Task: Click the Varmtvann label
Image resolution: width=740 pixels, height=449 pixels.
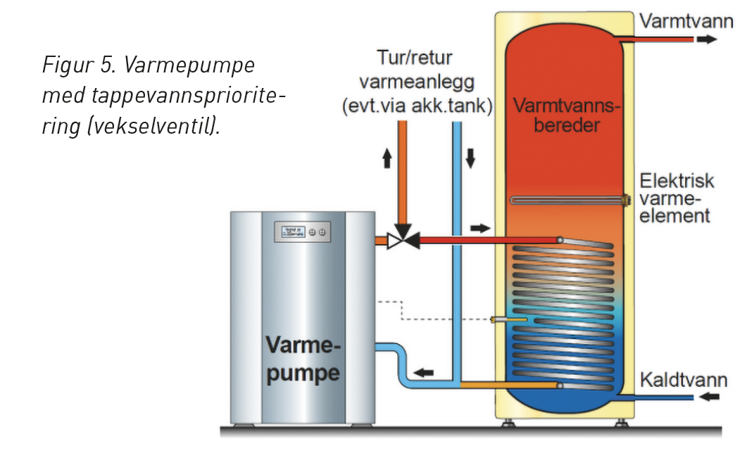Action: [x=682, y=21]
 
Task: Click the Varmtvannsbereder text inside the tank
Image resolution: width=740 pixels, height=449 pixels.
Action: [x=567, y=117]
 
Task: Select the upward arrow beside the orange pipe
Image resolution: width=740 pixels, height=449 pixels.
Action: [x=387, y=159]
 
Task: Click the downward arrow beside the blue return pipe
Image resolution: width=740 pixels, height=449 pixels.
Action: [x=470, y=159]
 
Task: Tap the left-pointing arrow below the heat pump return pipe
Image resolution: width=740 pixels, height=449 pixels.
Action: [x=422, y=372]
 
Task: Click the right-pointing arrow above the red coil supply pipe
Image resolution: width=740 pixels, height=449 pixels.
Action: [x=479, y=228]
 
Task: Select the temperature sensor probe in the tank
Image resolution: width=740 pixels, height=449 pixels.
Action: [x=510, y=320]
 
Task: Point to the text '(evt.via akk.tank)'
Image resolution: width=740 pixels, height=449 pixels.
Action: [x=415, y=106]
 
